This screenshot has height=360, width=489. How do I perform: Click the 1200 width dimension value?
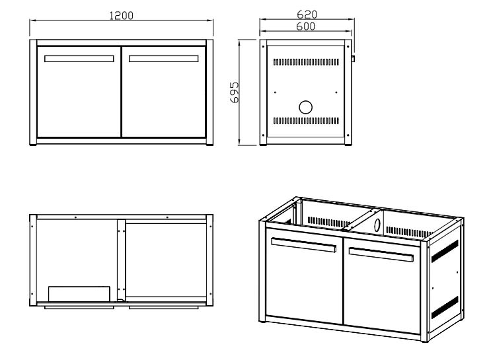tap(122, 16)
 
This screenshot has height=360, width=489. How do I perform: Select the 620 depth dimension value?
tap(307, 15)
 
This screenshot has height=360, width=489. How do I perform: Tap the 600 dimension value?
tap(305, 26)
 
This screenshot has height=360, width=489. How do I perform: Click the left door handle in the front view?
tap(79, 59)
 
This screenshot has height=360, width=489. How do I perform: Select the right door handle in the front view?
tap(164, 59)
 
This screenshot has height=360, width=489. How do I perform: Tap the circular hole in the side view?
tap(305, 107)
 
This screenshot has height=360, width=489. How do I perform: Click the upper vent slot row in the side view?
tap(305, 61)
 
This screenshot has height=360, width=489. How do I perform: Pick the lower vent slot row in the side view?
tap(305, 122)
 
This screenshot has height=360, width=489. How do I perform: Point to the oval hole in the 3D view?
tap(377, 223)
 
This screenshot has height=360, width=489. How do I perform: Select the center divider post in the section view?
tap(120, 262)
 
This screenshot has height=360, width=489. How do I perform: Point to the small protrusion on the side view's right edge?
tap(353, 58)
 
